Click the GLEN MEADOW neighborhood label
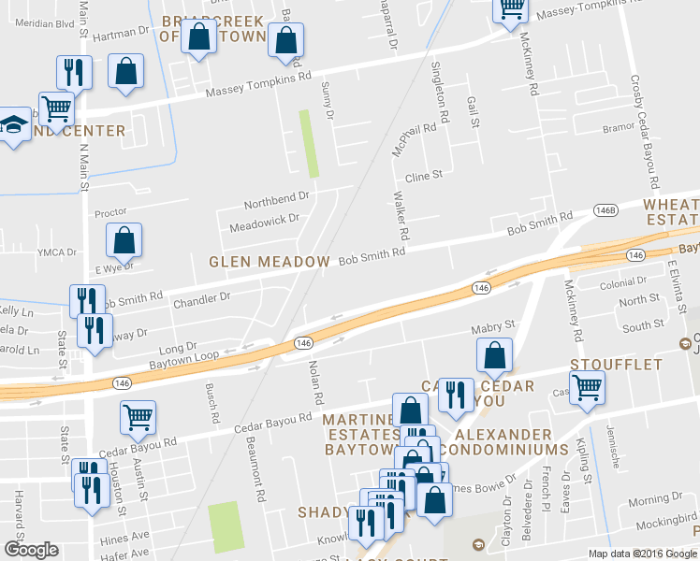tap(270, 262)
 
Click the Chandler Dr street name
tap(201, 299)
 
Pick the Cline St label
tap(423, 175)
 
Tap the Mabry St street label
tap(493, 325)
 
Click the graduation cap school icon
tap(13, 125)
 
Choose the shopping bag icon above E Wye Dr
tap(124, 241)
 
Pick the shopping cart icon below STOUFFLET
tap(587, 386)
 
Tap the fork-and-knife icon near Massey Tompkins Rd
tap(72, 72)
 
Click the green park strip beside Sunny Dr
tap(308, 143)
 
